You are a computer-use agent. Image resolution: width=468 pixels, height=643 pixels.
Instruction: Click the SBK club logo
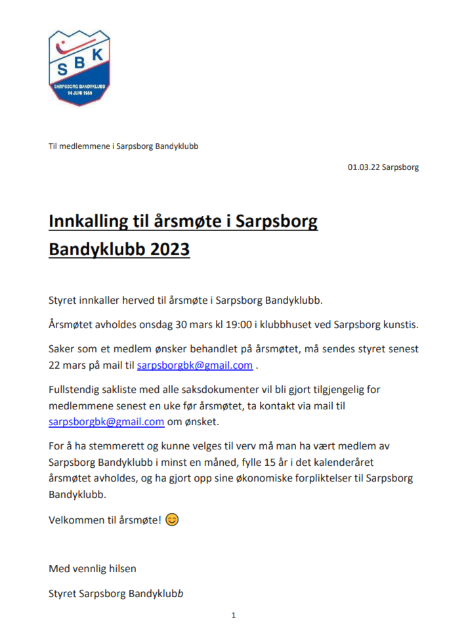point(79,68)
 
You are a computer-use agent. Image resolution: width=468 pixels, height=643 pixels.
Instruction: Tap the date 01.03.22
point(362,167)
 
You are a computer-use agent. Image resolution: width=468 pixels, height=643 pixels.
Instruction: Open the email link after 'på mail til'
point(194,365)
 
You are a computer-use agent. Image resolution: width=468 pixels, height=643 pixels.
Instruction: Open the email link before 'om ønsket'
point(106,422)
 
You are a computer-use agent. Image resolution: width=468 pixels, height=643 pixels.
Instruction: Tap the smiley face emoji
point(171,520)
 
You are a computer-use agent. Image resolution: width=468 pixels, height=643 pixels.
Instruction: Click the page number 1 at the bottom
point(233,615)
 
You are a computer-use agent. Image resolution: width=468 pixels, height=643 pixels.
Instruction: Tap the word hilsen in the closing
point(123,568)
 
